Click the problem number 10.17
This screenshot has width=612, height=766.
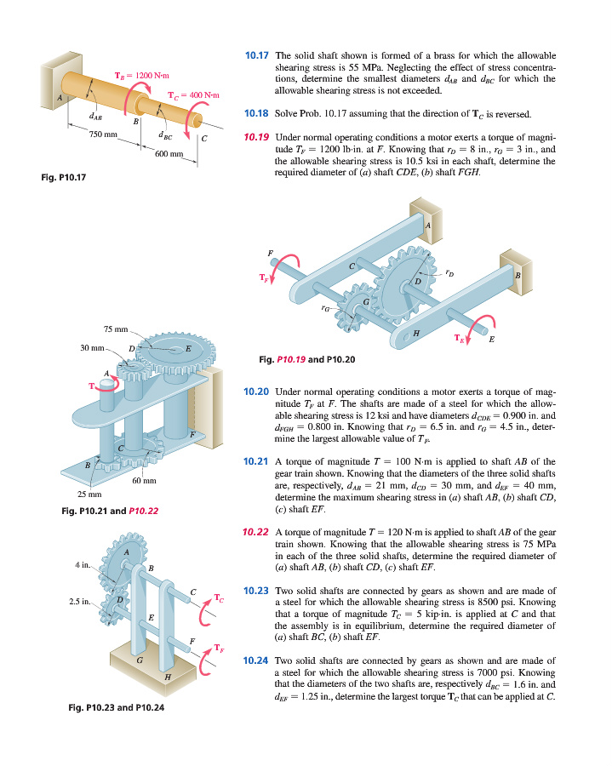pyautogui.click(x=256, y=55)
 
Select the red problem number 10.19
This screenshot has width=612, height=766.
pyautogui.click(x=256, y=137)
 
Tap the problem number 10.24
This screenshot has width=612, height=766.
pyautogui.click(x=256, y=661)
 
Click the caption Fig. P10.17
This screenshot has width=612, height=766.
pyautogui.click(x=64, y=177)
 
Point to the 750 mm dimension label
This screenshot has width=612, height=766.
pyautogui.click(x=103, y=134)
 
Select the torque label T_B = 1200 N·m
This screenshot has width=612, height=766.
pyautogui.click(x=141, y=75)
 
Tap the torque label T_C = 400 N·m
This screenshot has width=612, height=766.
pyautogui.click(x=193, y=95)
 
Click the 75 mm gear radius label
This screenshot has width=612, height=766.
pyautogui.click(x=116, y=329)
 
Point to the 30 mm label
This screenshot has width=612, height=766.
pyautogui.click(x=92, y=348)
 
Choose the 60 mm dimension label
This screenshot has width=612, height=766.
pyautogui.click(x=144, y=481)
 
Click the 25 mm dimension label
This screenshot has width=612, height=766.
pyautogui.click(x=89, y=494)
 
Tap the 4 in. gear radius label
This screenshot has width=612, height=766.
pyautogui.click(x=83, y=565)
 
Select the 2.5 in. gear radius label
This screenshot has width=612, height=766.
pyautogui.click(x=80, y=602)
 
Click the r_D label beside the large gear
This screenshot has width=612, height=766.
pyautogui.click(x=449, y=272)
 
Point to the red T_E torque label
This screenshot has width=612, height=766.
pyautogui.click(x=459, y=338)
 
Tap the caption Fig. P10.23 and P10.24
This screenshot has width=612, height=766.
pyautogui.click(x=117, y=707)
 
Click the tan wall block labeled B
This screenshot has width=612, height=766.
pyautogui.click(x=516, y=272)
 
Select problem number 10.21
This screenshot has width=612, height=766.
pyautogui.click(x=256, y=461)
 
